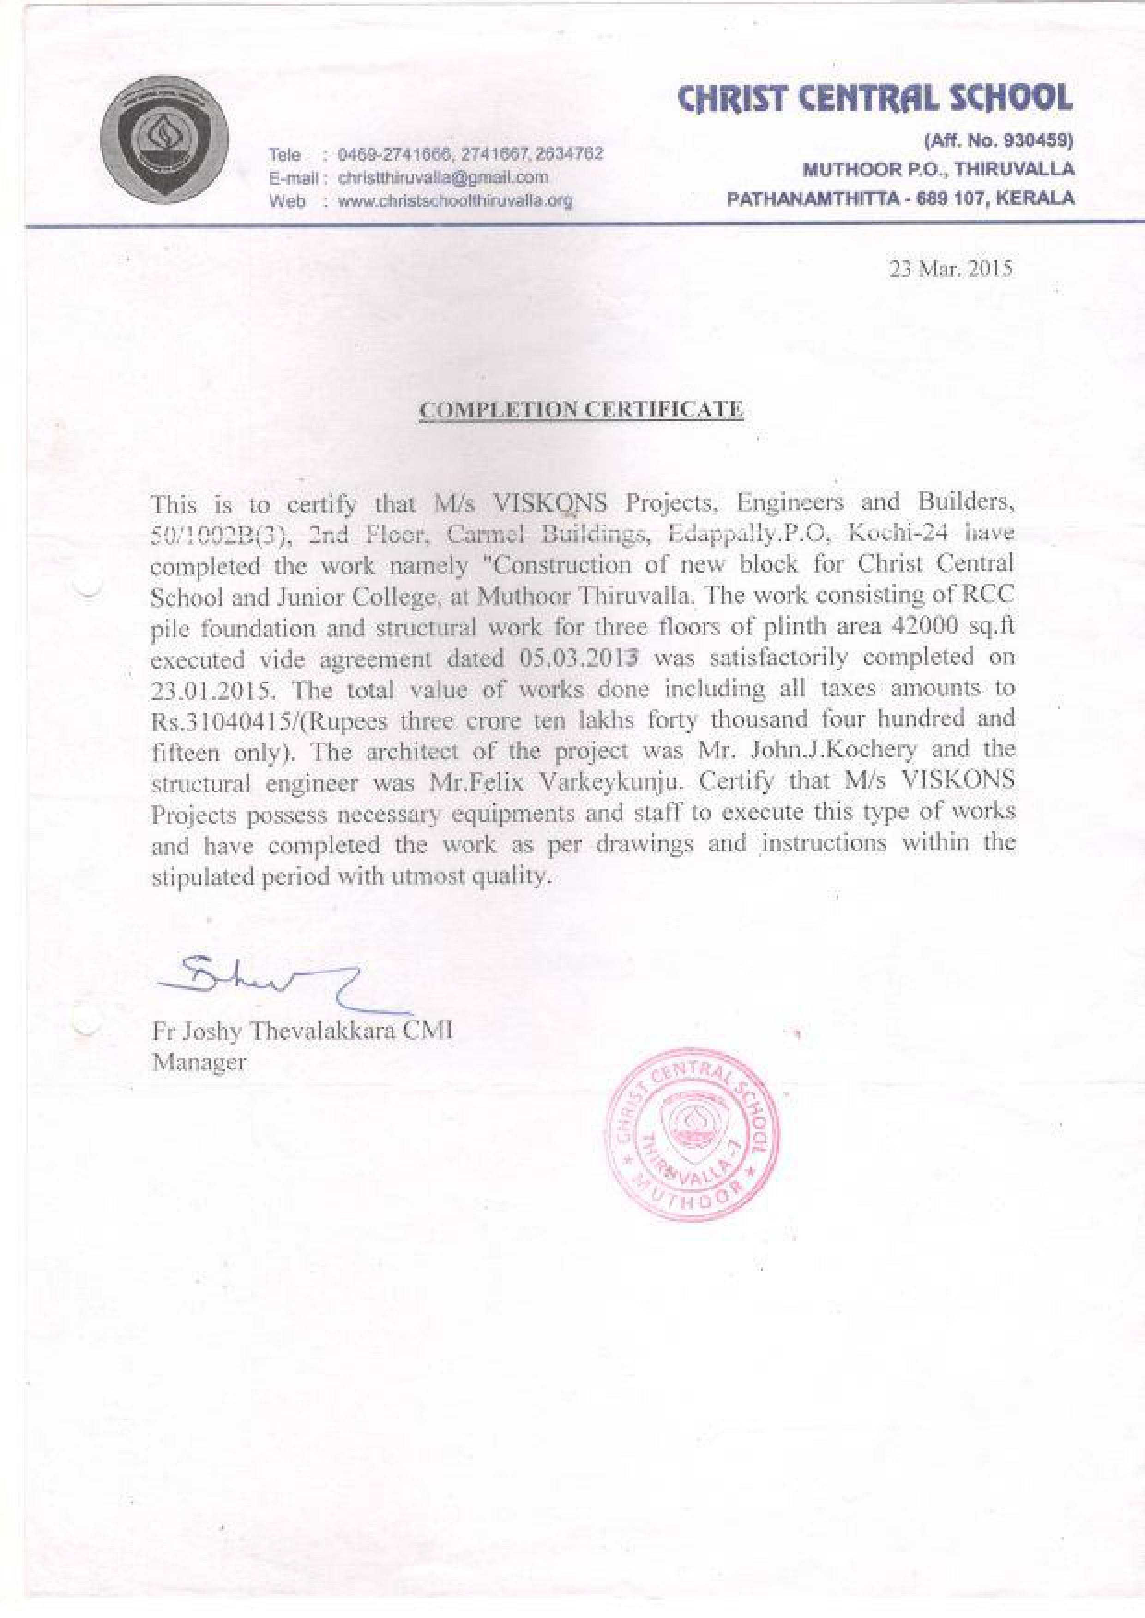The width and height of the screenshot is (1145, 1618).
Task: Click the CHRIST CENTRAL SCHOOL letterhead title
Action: pos(874,98)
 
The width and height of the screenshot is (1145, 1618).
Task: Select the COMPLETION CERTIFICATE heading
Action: pos(582,410)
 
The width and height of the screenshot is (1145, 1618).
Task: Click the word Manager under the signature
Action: pos(199,1063)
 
